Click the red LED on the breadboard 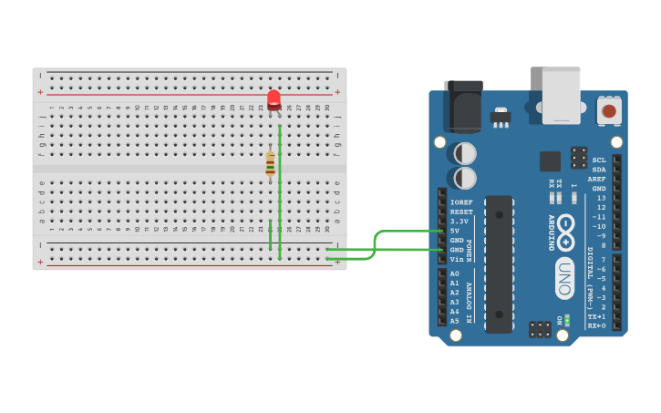(x=274, y=99)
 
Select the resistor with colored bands (x=270, y=163)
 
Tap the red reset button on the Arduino (x=608, y=111)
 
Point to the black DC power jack (x=462, y=105)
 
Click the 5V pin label (x=455, y=231)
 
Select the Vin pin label (x=456, y=259)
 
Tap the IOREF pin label (x=461, y=202)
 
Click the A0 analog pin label (x=455, y=274)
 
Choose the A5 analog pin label (x=455, y=321)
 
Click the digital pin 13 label (x=601, y=198)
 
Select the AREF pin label (x=596, y=179)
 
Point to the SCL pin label (x=599, y=160)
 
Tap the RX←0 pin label (x=596, y=325)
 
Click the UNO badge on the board (x=564, y=278)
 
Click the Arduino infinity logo (x=565, y=232)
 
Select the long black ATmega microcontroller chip (x=499, y=263)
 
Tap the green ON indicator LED (x=567, y=320)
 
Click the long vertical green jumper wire (x=279, y=191)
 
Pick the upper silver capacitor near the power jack (x=464, y=152)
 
